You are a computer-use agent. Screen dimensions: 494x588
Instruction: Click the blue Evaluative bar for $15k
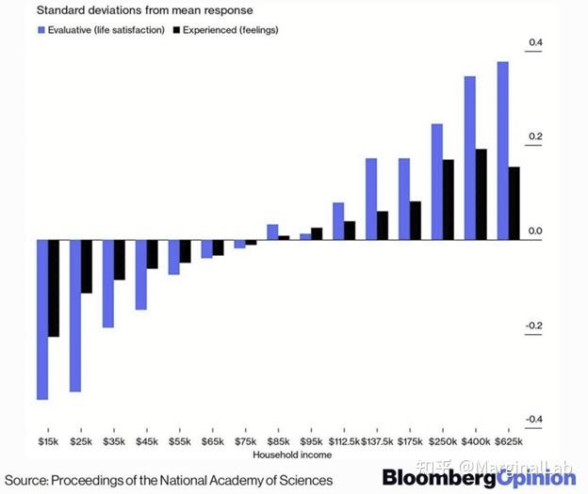coord(42,320)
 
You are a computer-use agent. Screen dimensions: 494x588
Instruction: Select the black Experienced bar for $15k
coord(54,288)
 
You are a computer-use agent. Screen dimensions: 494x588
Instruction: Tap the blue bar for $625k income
coord(503,151)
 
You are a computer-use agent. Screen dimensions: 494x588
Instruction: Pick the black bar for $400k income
coord(482,194)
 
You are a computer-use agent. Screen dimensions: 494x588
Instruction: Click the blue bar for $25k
coord(75,315)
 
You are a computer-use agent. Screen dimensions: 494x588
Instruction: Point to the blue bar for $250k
coord(437,182)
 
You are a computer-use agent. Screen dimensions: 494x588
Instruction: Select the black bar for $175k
coord(416,220)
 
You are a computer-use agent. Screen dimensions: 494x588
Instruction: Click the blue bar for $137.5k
coord(371,199)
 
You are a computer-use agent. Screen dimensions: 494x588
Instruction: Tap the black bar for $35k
coord(120,260)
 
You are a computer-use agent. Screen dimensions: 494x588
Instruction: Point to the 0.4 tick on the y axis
coord(536,43)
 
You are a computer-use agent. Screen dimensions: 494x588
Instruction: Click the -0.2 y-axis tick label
coord(534,326)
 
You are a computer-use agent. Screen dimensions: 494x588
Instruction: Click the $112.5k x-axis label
coord(342,440)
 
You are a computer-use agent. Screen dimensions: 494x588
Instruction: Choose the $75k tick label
coord(245,440)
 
